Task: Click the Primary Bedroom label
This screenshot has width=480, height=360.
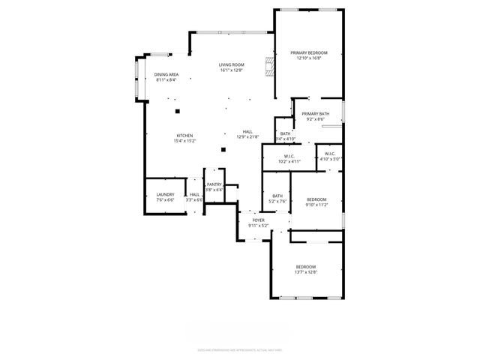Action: pyautogui.click(x=309, y=52)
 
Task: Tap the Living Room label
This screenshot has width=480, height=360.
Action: pyautogui.click(x=232, y=65)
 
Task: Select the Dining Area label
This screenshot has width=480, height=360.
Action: pyautogui.click(x=166, y=74)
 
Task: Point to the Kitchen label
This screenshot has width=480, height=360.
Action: pyautogui.click(x=184, y=136)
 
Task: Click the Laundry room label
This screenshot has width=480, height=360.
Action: pyautogui.click(x=165, y=194)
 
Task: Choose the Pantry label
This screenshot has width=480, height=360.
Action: pyautogui.click(x=214, y=184)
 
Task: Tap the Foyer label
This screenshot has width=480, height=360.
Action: pyautogui.click(x=258, y=220)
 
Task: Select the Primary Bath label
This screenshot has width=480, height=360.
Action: pyautogui.click(x=316, y=114)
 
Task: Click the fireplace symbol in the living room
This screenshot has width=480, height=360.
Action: pyautogui.click(x=268, y=66)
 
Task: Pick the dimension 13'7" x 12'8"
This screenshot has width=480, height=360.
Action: pyautogui.click(x=306, y=272)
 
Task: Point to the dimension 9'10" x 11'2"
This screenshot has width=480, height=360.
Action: pyautogui.click(x=316, y=204)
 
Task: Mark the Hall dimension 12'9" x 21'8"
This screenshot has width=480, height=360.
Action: pyautogui.click(x=247, y=136)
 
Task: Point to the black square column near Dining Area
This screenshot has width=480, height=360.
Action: pyautogui.click(x=178, y=111)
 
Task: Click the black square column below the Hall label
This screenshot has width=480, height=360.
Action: pyautogui.click(x=223, y=149)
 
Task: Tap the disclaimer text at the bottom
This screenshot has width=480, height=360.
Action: pyautogui.click(x=239, y=349)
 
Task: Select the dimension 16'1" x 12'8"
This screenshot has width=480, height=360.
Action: pyautogui.click(x=232, y=70)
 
